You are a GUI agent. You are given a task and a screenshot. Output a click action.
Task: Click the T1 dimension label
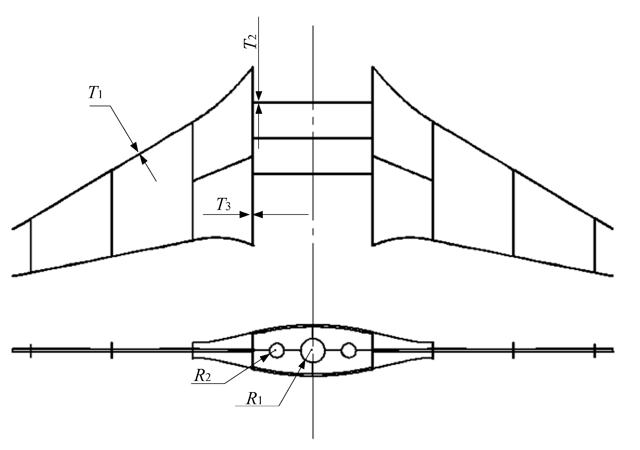point(95,93)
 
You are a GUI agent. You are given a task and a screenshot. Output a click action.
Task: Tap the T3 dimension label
point(224,205)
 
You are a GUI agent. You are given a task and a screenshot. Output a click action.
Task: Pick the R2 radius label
point(203,376)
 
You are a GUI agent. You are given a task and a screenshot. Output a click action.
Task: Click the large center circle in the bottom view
point(313,350)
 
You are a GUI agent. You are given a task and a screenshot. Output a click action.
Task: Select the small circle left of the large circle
point(277,350)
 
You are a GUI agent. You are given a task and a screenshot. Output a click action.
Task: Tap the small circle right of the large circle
point(348,350)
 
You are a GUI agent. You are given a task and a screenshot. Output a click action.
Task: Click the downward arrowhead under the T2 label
point(259,96)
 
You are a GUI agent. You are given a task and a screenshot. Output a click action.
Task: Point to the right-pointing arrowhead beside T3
point(244,215)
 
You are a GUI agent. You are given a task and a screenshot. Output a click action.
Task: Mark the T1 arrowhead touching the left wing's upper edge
point(135,147)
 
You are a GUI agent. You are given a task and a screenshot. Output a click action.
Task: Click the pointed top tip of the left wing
point(252,67)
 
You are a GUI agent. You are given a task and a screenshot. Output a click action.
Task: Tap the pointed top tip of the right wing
point(373,67)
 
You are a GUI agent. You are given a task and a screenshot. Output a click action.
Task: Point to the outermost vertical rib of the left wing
point(31,245)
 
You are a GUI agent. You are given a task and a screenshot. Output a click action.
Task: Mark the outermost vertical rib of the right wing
point(595,245)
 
